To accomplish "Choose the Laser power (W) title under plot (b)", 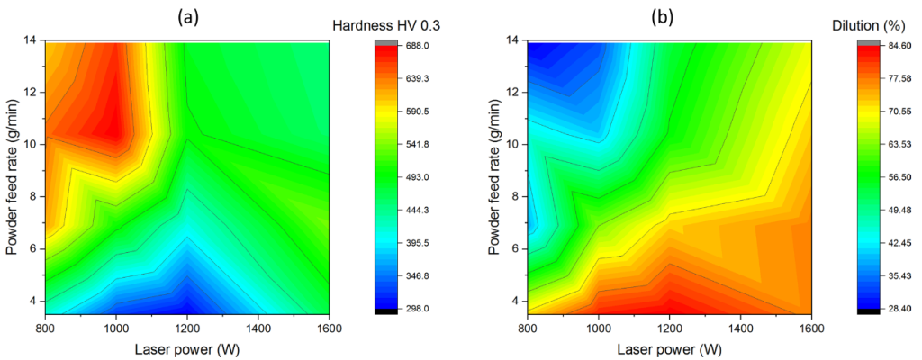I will pyautogui.click(x=670, y=346).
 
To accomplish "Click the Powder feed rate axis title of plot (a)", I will pyautogui.click(x=12, y=176).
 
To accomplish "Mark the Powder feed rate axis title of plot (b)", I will pyautogui.click(x=496, y=176).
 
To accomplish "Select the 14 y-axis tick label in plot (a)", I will pyautogui.click(x=31, y=40).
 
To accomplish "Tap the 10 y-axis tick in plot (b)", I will pyautogui.click(x=515, y=144).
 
